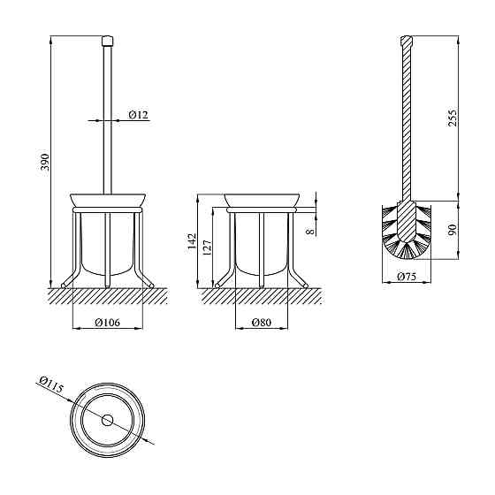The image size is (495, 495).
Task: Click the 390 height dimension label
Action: click(x=45, y=162)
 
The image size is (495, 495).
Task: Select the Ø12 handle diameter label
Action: click(x=138, y=114)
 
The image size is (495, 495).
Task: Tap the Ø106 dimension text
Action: click(x=107, y=323)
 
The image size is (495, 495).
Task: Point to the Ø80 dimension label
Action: click(x=262, y=323)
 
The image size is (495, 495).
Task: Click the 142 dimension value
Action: click(x=192, y=241)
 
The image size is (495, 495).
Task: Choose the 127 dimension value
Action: click(x=207, y=247)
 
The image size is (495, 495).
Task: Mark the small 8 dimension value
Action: click(x=310, y=232)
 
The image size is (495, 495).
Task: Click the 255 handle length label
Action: click(x=453, y=118)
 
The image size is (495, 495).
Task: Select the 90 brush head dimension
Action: click(x=453, y=230)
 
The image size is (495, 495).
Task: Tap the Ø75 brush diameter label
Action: click(x=407, y=277)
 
